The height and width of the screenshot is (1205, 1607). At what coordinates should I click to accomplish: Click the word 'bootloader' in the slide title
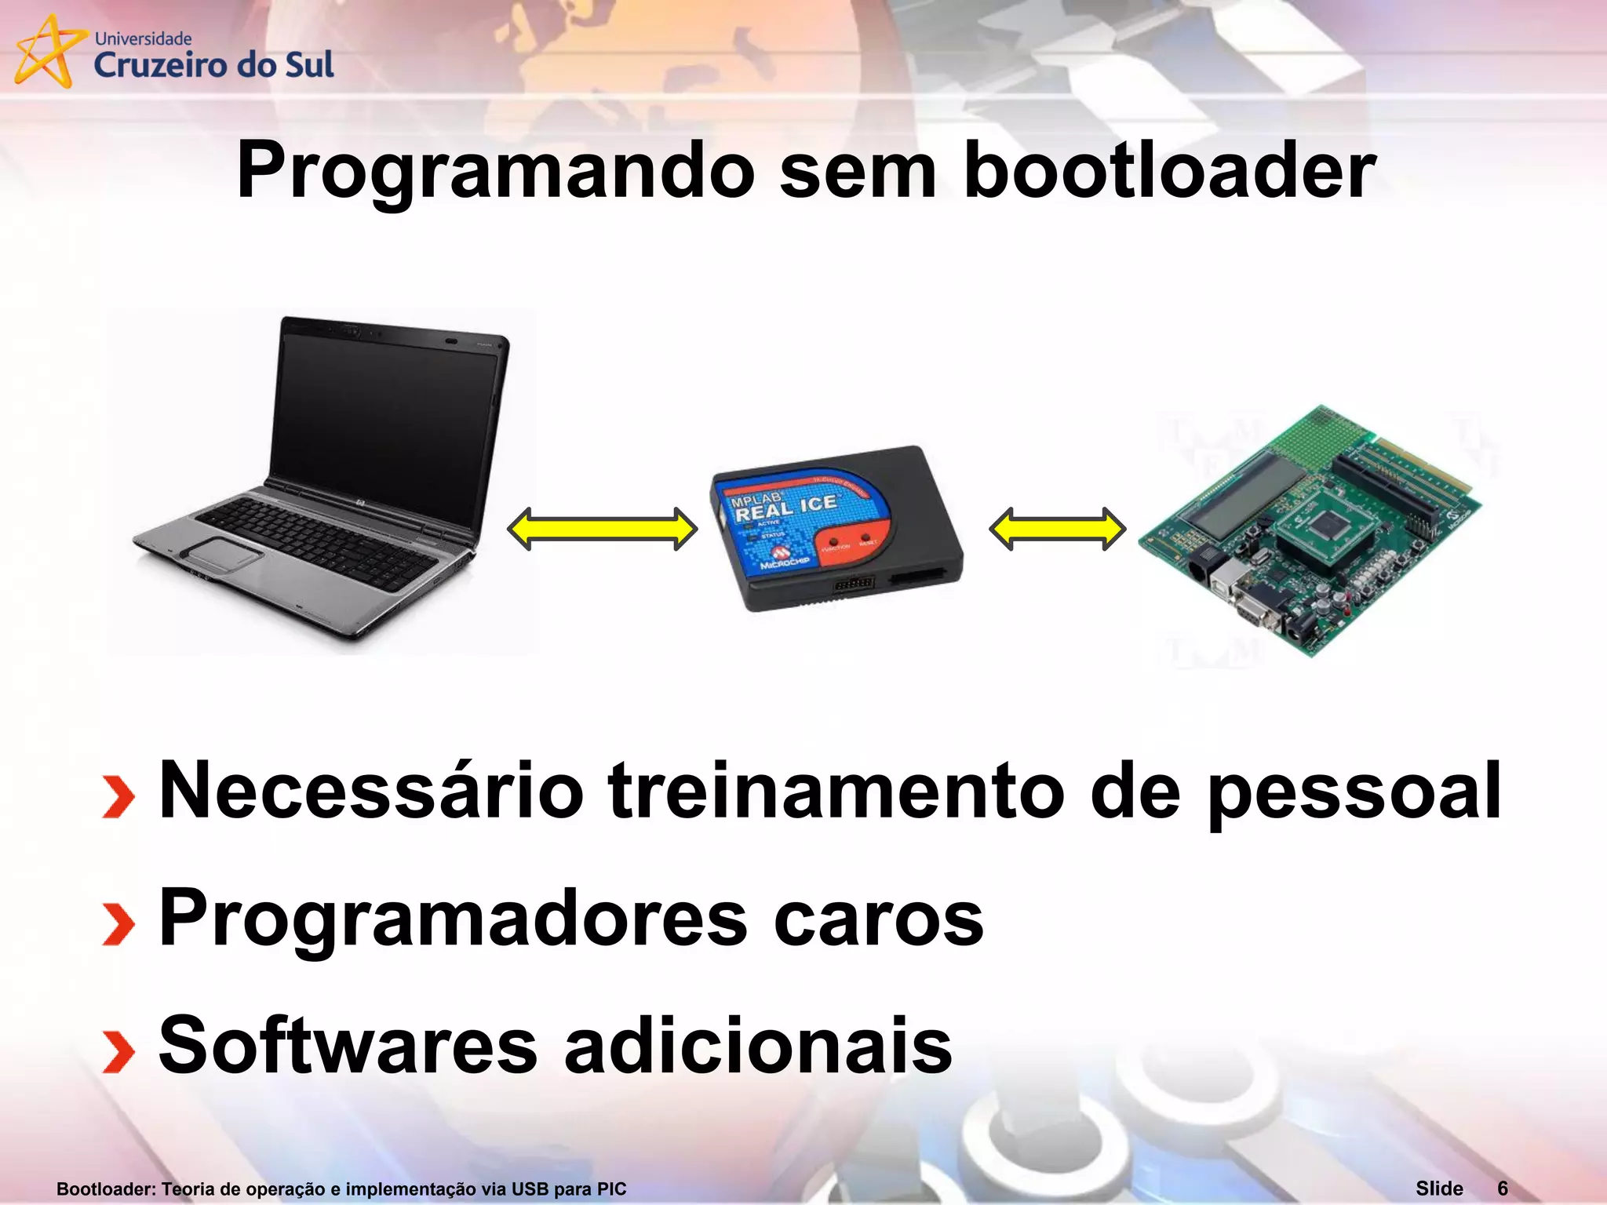1169,171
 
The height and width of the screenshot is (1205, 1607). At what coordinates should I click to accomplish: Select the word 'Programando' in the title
495,171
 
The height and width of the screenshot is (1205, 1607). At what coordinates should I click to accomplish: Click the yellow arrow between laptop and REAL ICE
602,529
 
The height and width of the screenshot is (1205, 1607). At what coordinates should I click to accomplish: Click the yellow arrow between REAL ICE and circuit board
1057,529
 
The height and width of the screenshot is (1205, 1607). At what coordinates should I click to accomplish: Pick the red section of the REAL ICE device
851,541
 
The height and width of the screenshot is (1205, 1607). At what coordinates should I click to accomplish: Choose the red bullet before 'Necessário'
118,797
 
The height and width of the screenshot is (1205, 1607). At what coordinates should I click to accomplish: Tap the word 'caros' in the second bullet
878,919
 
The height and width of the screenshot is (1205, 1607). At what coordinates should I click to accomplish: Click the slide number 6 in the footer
1502,1189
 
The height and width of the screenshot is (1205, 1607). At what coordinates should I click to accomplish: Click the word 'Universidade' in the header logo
143,38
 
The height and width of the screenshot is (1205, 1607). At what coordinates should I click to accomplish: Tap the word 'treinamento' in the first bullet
836,791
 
